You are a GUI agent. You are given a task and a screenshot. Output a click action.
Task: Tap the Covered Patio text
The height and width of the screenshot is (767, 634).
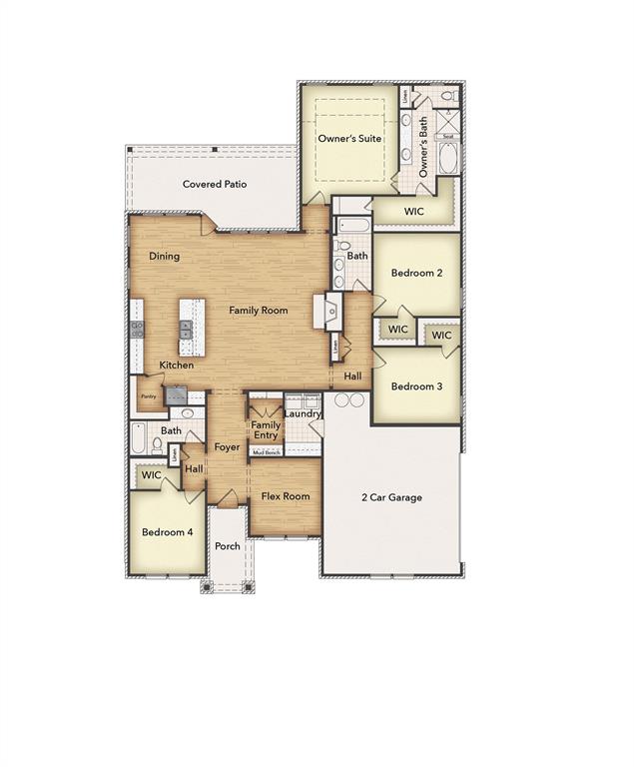[214, 184]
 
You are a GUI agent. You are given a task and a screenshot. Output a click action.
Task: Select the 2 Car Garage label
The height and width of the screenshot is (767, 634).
[391, 496]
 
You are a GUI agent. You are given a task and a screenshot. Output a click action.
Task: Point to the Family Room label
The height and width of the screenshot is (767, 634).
[259, 311]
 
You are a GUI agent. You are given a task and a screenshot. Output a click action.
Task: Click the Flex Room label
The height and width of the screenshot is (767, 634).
[286, 496]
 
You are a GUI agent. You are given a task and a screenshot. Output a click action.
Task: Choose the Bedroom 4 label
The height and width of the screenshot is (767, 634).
[167, 532]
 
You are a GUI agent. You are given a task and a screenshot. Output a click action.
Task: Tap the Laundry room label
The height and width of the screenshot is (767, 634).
[303, 413]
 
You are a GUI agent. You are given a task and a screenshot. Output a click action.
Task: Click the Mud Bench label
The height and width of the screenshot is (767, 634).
[266, 451]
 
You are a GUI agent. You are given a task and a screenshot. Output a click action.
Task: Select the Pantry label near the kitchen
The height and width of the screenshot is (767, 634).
[148, 396]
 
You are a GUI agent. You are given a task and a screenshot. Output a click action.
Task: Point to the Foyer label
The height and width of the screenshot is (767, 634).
[228, 447]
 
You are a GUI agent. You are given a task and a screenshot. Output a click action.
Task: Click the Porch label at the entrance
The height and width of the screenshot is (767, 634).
[228, 546]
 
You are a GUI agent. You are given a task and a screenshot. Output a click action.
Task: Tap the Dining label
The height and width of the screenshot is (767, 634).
[165, 257]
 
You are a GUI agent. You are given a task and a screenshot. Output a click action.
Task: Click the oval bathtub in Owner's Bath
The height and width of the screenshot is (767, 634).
[448, 158]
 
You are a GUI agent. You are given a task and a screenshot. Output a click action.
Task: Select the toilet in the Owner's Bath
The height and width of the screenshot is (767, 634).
[448, 97]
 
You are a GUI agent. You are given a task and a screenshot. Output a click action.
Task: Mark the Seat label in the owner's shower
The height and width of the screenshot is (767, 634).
[448, 137]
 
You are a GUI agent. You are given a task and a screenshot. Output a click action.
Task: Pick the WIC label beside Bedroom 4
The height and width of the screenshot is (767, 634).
[151, 475]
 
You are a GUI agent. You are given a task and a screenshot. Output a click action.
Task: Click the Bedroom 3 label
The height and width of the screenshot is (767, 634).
[415, 386]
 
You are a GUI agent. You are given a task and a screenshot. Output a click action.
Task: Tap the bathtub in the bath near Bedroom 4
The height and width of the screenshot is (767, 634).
[139, 438]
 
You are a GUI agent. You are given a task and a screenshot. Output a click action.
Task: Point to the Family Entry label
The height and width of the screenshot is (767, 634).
[266, 429]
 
